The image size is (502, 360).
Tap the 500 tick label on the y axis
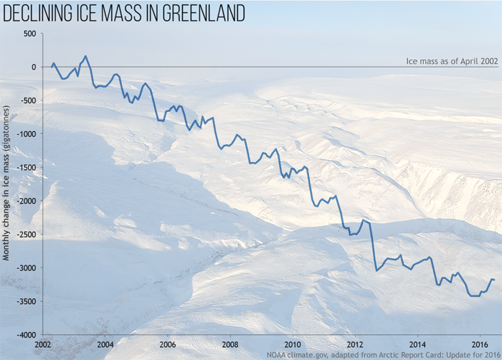(29, 34)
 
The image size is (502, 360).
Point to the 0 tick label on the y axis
(32, 67)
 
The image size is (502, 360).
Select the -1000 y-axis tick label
(25, 134)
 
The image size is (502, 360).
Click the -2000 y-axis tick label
(25, 201)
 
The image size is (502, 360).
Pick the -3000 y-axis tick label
(25, 268)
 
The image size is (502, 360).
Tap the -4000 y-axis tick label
(25, 335)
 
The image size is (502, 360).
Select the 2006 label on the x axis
(167, 344)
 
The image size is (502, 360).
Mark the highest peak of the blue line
(85, 56)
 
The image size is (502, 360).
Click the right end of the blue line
(494, 280)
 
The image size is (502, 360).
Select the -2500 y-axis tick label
(25, 235)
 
